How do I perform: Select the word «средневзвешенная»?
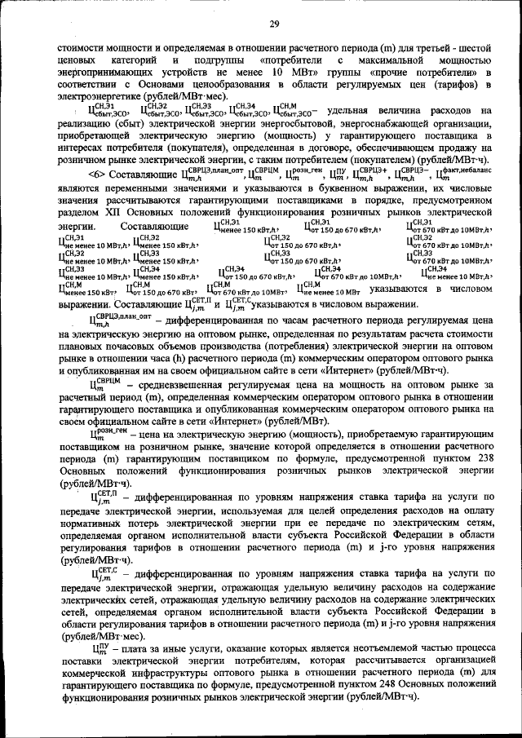(x=174, y=383)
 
